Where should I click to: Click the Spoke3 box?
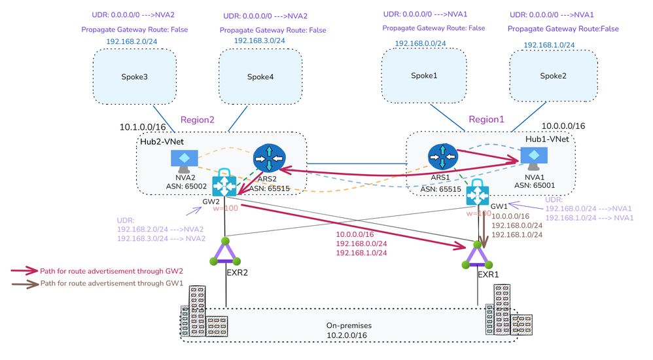click(134, 77)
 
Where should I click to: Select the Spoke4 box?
click(260, 77)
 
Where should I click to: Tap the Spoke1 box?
click(424, 75)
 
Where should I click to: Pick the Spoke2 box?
click(553, 76)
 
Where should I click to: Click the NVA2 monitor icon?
click(184, 159)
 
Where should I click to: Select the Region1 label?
click(487, 120)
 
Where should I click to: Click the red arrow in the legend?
click(25, 270)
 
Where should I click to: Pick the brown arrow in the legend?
click(25, 283)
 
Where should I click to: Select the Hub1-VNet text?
click(548, 139)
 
